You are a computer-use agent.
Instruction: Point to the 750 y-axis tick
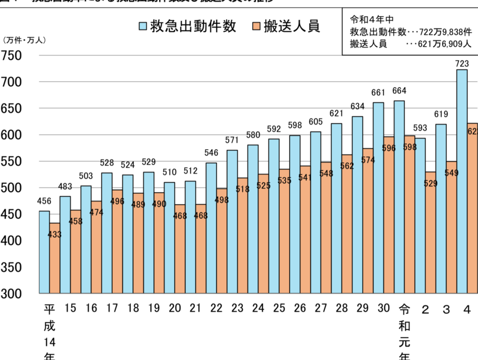coord(11,56)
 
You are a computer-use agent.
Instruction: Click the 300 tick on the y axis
coord(11,294)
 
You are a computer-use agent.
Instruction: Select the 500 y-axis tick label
coord(11,188)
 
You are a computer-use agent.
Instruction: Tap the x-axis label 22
coord(216,309)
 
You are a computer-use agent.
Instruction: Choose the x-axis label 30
coord(383,309)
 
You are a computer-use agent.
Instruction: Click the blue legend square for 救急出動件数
coord(143,26)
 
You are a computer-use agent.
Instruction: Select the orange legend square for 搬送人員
coord(255,26)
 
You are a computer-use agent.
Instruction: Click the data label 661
coord(378,92)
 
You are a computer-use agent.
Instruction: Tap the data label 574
coord(368,160)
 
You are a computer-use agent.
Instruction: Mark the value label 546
coord(211,153)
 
